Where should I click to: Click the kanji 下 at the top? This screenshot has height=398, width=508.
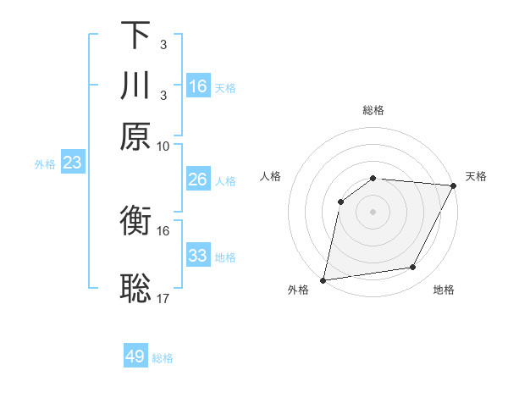tap(135, 36)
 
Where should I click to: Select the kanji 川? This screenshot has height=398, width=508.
tap(135, 86)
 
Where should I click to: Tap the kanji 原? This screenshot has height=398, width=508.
tap(135, 135)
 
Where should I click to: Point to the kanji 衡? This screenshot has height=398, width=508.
tap(135, 224)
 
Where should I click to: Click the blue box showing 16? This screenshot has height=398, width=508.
tap(198, 86)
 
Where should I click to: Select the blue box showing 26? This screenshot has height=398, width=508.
tap(198, 180)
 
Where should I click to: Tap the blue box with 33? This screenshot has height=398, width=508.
tap(198, 256)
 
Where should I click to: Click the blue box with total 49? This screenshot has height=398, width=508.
tap(135, 357)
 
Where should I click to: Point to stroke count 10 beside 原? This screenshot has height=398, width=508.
tap(163, 146)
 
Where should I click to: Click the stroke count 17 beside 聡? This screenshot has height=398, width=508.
tap(163, 298)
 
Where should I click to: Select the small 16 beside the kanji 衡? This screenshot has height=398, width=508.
tap(163, 230)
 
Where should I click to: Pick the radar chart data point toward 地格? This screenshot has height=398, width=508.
tap(413, 268)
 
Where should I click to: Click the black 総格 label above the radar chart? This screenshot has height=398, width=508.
tap(373, 110)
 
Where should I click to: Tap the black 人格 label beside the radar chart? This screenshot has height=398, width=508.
tap(271, 176)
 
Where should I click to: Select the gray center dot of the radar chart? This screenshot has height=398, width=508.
tap(373, 211)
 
